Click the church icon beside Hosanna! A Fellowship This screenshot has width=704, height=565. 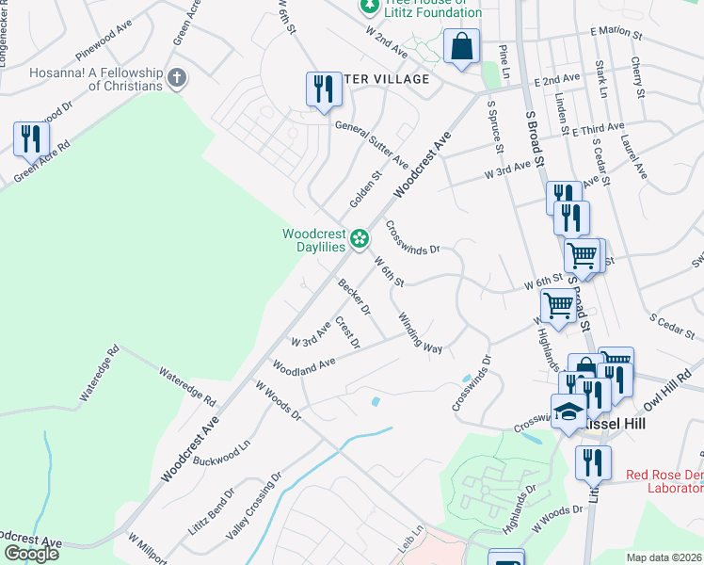[x=176, y=74]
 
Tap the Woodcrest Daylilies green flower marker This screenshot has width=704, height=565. [x=359, y=239]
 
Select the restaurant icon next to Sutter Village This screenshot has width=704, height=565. [x=323, y=89]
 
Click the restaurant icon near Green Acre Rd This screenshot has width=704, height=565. [x=31, y=139]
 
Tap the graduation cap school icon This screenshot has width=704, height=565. [x=568, y=412]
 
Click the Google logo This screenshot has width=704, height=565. [x=31, y=554]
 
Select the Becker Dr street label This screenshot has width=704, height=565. [x=355, y=297]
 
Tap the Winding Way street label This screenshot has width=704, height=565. [x=420, y=333]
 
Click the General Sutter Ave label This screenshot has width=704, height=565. [x=372, y=141]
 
